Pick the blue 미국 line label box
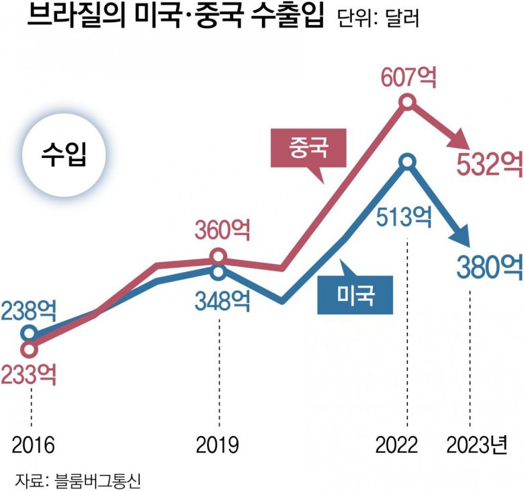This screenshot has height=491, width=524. click(354, 294)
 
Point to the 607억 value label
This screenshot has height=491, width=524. click(408, 77)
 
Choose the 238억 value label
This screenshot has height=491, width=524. click(29, 310)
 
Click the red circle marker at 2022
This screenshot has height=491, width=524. click(407, 103)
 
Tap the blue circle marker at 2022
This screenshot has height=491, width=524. click(407, 161)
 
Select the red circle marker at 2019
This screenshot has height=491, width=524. click(218, 256)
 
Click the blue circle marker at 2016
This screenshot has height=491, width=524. click(29, 332)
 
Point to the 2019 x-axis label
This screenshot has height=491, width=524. click(218, 445)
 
